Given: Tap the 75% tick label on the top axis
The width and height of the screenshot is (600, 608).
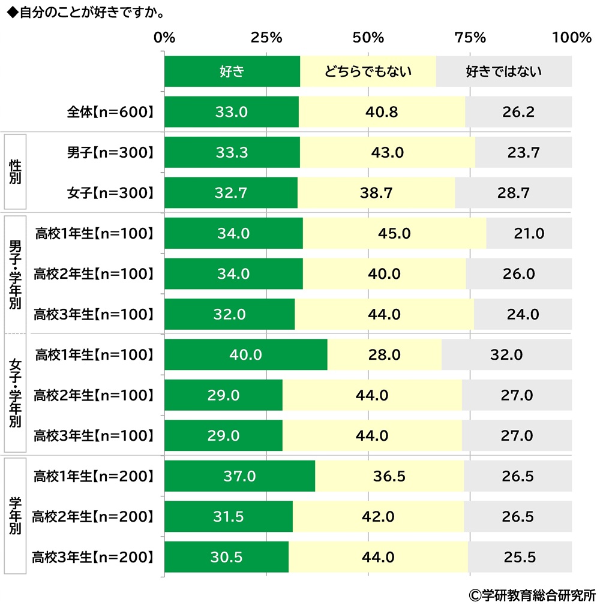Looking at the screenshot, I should click(x=470, y=38).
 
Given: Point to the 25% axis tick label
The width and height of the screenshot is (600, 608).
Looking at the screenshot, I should click(x=266, y=38).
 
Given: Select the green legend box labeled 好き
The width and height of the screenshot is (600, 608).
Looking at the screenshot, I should click(x=232, y=71).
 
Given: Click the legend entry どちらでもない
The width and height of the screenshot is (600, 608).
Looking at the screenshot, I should click(x=368, y=71).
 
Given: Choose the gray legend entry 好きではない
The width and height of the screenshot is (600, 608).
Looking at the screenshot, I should click(x=503, y=71).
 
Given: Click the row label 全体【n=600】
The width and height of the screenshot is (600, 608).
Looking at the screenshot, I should click(x=111, y=112).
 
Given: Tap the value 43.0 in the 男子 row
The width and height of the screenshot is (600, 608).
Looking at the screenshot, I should click(x=387, y=152).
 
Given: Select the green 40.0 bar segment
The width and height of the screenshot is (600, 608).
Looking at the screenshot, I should click(x=245, y=354).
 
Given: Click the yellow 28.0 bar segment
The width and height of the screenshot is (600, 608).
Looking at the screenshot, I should click(x=385, y=354).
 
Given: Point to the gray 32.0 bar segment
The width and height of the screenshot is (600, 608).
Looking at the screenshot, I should click(x=506, y=354).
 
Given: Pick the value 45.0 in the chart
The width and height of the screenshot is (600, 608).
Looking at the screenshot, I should click(x=394, y=233).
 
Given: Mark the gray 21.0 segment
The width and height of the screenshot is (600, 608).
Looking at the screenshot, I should click(x=529, y=233).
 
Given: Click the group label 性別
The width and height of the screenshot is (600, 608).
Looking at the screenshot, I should click(x=15, y=173).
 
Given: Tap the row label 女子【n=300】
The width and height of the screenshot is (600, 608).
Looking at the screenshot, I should click(x=111, y=192).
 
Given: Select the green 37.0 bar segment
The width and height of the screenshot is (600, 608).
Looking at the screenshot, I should click(x=239, y=476).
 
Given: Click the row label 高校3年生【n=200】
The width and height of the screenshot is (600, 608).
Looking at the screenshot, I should click(x=93, y=557).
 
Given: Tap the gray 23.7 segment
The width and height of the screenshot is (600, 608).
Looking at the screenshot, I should click(x=523, y=152).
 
